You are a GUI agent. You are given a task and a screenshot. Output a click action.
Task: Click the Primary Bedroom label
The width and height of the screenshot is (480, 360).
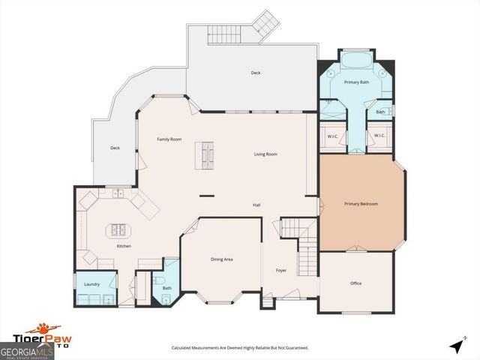pos(361,204)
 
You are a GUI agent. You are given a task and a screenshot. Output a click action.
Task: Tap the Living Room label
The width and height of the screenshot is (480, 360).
pos(265,154)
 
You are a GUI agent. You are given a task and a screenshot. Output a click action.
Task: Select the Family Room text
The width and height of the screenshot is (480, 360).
pos(169,139)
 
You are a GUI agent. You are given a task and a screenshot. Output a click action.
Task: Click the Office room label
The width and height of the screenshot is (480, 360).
pos(355,283)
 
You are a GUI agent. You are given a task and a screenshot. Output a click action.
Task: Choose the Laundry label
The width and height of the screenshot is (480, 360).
pos(92,284)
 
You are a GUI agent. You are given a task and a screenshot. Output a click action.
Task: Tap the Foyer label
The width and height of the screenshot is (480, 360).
pos(281,270)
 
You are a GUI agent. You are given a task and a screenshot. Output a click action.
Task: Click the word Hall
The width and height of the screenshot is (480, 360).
pos(256,205)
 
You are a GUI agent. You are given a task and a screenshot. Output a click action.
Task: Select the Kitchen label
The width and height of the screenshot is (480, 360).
pos(124,246)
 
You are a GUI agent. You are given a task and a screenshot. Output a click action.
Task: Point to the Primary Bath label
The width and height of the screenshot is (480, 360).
pos(355,82)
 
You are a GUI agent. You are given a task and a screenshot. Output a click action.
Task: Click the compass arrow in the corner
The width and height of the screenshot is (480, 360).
pos(456,346)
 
